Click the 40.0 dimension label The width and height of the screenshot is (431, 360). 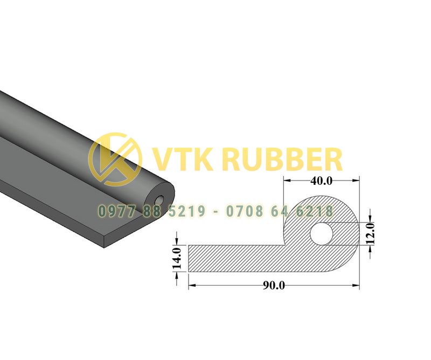coord(321,181)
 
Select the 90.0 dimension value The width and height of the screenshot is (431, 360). coord(274,286)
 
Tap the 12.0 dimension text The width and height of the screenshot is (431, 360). coord(370,233)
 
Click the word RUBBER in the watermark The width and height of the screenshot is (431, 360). coord(283,160)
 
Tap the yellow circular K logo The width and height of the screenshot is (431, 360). coord(115,160)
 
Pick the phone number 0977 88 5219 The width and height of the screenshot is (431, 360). coord(151,211)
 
